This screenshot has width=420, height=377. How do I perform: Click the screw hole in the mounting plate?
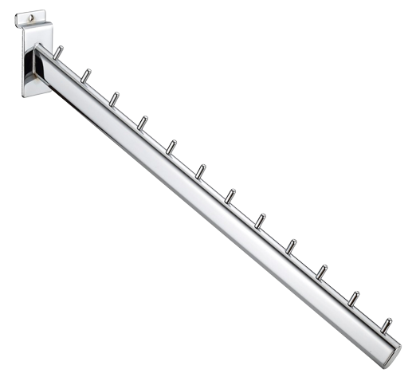(31, 14)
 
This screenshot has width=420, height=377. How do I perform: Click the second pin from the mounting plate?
(86, 76)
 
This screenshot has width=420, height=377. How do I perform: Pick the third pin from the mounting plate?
(115, 99)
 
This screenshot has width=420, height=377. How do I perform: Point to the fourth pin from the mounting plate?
(143, 122)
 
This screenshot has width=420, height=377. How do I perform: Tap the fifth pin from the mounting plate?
(172, 147)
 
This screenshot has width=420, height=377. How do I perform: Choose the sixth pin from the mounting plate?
(202, 171)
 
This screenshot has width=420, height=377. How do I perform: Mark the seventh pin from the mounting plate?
(231, 194)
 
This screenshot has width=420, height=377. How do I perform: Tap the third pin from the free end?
(321, 271)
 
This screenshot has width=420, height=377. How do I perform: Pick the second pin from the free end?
(352, 297)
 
